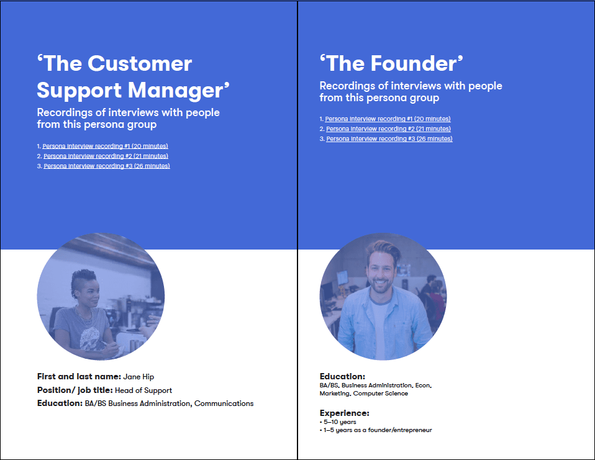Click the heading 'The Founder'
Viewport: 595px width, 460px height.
(392, 63)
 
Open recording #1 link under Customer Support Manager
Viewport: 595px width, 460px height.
(105, 146)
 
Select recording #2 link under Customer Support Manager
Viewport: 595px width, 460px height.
(106, 156)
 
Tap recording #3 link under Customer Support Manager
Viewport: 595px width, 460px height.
(106, 166)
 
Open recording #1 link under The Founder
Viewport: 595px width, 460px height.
(388, 119)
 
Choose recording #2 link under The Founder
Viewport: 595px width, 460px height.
(388, 129)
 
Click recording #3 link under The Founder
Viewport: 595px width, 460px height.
(389, 138)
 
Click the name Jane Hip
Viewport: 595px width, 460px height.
(139, 376)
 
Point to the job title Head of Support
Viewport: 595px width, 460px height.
(143, 390)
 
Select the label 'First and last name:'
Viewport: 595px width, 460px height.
(79, 376)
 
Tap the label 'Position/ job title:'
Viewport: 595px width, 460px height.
(75, 390)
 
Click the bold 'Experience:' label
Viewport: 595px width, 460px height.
(344, 413)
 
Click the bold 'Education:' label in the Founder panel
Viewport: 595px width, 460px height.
(342, 376)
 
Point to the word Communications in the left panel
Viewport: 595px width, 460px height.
(224, 404)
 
